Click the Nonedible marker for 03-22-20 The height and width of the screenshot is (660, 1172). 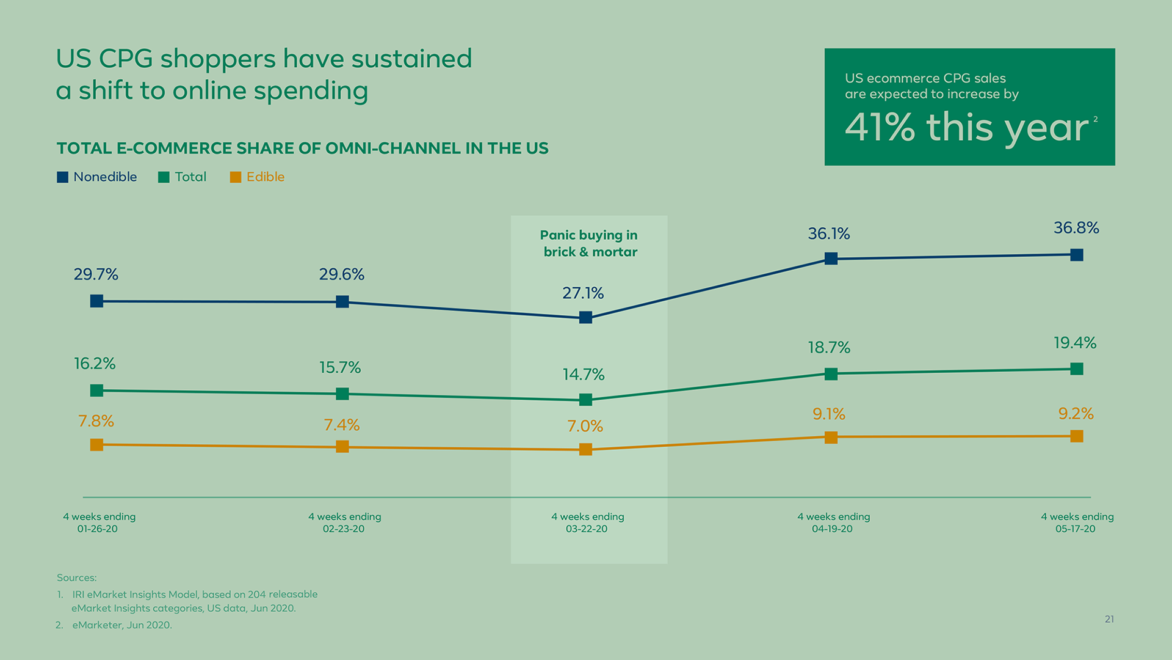585,317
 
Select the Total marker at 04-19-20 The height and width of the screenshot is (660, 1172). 831,374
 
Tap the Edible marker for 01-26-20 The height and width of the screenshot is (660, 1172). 96,445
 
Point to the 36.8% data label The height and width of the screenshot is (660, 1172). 1076,228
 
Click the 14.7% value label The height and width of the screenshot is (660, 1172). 583,374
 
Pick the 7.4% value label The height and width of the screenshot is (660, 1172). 341,425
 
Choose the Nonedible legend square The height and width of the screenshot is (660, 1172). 62,177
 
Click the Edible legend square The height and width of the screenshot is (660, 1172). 236,177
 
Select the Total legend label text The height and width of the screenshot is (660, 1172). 190,177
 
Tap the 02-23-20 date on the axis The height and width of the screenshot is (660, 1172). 344,529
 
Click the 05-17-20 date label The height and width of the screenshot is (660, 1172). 1076,529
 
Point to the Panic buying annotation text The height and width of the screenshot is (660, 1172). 589,243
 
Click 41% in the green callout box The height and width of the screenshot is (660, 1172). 880,127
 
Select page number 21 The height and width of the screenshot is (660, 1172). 1109,619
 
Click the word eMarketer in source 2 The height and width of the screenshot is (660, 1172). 98,625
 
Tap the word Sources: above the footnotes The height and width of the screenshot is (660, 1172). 76,577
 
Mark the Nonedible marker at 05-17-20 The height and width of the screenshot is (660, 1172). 1077,255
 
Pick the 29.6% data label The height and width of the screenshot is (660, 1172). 341,274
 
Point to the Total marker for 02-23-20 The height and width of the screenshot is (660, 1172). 342,394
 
